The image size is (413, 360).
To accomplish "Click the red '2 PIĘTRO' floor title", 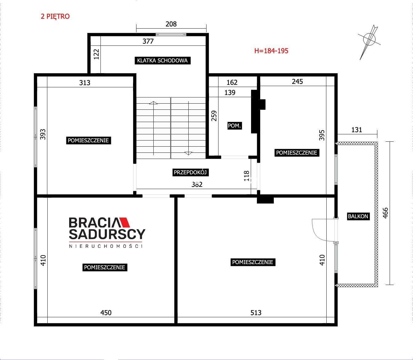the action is coord(55,16).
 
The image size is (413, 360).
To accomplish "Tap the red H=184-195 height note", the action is coord(271,51).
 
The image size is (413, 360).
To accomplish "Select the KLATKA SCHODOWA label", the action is coord(163,60).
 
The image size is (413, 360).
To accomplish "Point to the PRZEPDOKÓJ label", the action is coord(190,172).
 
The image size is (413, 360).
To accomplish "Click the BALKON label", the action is coord(358,216).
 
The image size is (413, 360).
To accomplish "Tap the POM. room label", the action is coord(234,126).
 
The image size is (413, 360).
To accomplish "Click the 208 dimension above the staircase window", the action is coord(171,24).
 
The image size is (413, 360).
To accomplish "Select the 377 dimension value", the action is coord(148,41).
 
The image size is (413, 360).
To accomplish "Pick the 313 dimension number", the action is coord(85,83).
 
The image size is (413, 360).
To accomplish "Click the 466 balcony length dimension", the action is coord(385,213).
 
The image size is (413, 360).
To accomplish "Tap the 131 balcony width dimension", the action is coord(357,130).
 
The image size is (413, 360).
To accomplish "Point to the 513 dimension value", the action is coord(256,313).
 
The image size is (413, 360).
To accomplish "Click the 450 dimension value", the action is coord(106,313).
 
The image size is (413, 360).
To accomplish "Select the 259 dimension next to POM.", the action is coord(214,116).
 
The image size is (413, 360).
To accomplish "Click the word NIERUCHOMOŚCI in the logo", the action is coord(106,246).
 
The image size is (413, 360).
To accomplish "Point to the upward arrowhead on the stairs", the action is coord(153,103).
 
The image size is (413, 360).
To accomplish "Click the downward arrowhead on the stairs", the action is coord(188,153).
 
